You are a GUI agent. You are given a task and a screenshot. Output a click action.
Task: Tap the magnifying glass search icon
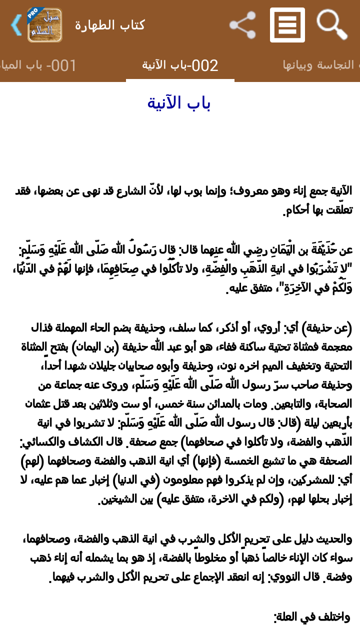(x=332, y=24)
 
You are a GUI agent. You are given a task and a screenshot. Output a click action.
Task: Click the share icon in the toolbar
(x=242, y=25)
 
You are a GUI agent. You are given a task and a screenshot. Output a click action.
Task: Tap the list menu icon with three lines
(x=287, y=25)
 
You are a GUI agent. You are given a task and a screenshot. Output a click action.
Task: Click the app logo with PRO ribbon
(x=44, y=25)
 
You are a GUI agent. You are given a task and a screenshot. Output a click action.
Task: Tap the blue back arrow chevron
(x=16, y=25)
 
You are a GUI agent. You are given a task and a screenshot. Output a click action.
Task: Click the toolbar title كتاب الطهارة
(x=110, y=25)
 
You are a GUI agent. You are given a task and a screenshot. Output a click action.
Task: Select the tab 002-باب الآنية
(x=180, y=65)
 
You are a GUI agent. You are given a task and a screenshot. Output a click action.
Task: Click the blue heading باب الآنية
(x=179, y=103)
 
